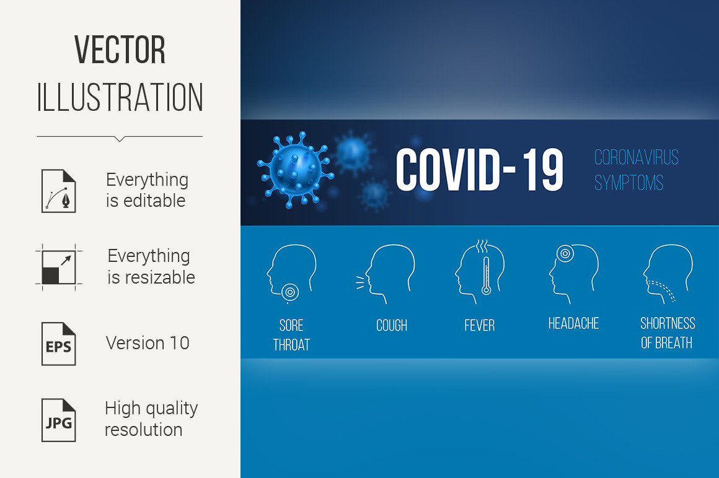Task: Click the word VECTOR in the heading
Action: point(120,50)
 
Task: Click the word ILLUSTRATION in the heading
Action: point(120,97)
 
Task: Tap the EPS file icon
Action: point(59,344)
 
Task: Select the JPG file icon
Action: point(59,420)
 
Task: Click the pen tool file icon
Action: point(59,191)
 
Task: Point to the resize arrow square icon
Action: point(59,267)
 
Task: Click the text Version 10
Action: point(148,343)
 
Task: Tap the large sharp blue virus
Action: point(295,170)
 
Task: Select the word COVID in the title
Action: point(448,170)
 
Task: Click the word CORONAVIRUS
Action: point(637,157)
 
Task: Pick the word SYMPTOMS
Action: point(629,183)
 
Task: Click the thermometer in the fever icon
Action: point(486,275)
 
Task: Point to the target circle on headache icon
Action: point(565,253)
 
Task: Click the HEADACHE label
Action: point(573,323)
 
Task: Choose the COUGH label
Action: point(392,325)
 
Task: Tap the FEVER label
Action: point(480,325)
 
